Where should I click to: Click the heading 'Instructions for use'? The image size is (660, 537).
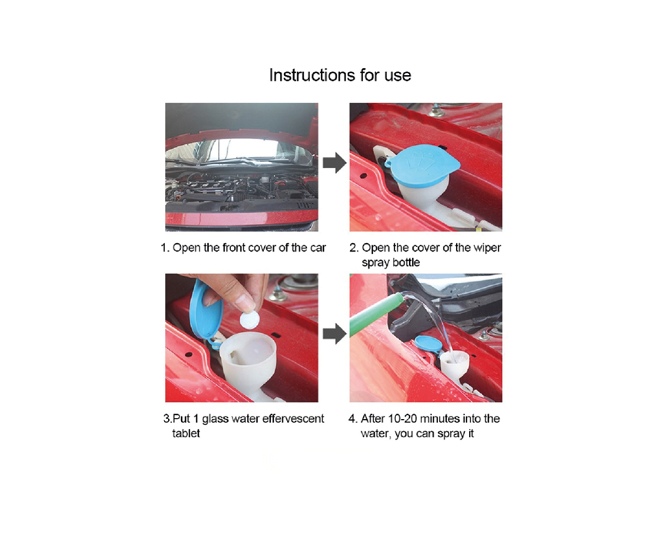pyautogui.click(x=340, y=75)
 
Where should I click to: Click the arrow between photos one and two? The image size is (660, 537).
pyautogui.click(x=335, y=163)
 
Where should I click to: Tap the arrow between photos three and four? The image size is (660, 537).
pyautogui.click(x=335, y=334)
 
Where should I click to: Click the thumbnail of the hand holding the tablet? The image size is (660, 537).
pyautogui.click(x=242, y=338)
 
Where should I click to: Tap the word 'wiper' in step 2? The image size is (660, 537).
pyautogui.click(x=487, y=248)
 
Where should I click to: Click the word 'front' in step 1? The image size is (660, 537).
pyautogui.click(x=234, y=248)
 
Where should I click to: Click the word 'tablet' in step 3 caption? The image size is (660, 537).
pyautogui.click(x=186, y=433)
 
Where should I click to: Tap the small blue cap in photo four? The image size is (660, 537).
pyautogui.click(x=428, y=344)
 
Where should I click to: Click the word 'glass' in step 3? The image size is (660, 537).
pyautogui.click(x=215, y=420)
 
